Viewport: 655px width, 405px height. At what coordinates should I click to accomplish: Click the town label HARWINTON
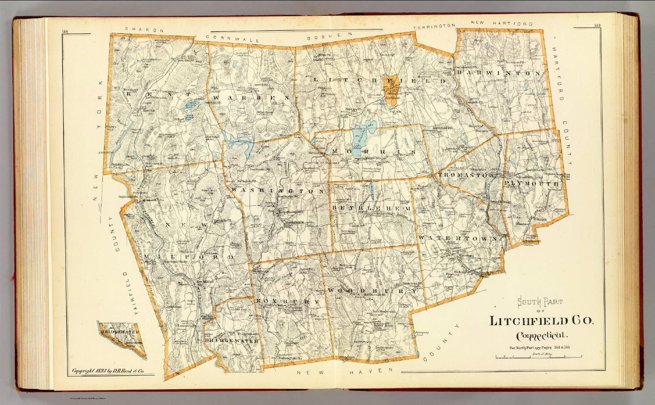(x=499, y=73)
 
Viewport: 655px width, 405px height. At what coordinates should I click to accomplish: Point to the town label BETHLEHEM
(x=371, y=208)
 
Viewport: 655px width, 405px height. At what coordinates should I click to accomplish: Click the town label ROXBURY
(x=287, y=301)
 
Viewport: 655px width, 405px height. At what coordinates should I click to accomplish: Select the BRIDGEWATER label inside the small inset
(x=121, y=331)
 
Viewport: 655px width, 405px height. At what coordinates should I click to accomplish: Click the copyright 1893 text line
(x=107, y=371)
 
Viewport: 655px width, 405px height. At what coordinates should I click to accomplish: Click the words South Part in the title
(x=540, y=303)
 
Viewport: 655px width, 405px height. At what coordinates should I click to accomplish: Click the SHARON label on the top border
(x=145, y=30)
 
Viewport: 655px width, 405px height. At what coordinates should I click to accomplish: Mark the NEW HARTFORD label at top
(x=501, y=23)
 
